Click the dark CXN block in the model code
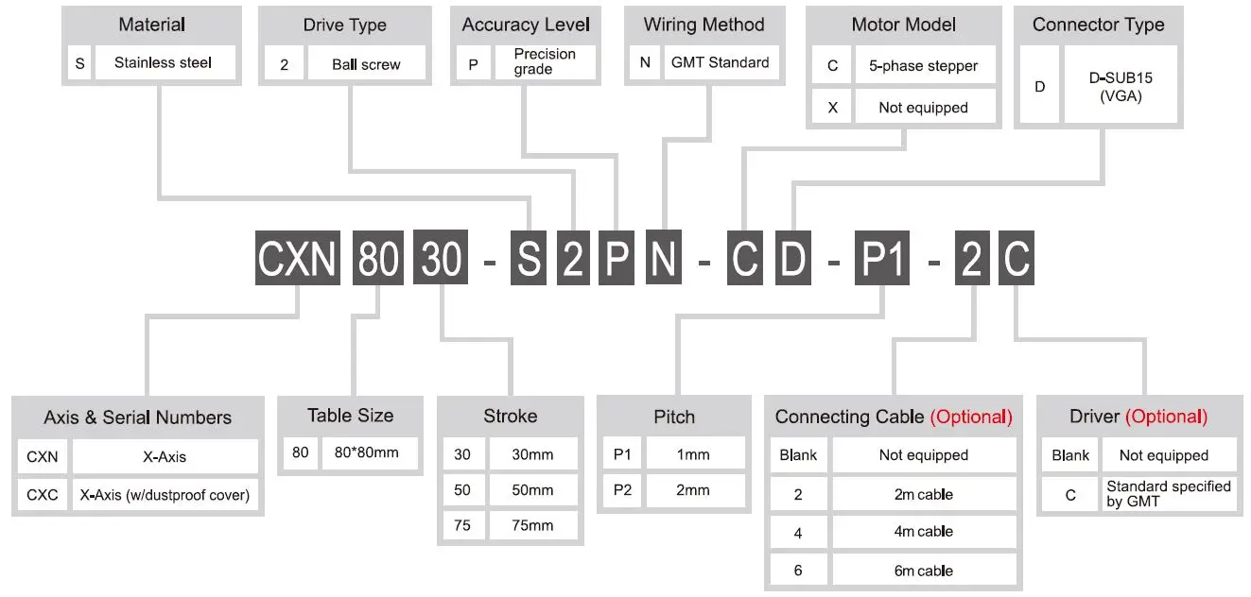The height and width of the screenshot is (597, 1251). (298, 257)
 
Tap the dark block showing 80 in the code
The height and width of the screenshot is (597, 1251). (378, 257)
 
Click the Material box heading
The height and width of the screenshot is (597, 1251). (151, 25)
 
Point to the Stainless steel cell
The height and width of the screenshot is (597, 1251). (163, 63)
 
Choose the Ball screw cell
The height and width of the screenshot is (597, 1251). (366, 64)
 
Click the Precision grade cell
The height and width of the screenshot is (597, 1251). (545, 61)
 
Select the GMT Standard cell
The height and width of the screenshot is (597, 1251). (720, 62)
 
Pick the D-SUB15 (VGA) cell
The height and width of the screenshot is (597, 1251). (1121, 87)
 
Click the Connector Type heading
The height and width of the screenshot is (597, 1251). (1098, 25)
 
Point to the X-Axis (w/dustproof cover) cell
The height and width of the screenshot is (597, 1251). (165, 494)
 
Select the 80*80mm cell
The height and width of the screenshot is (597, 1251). (367, 452)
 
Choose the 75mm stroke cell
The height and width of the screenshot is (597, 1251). (531, 525)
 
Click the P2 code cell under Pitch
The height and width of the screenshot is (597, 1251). (622, 489)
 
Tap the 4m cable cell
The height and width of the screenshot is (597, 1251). (923, 532)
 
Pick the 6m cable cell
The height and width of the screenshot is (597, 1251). (923, 571)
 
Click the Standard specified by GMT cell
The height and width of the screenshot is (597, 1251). (1168, 494)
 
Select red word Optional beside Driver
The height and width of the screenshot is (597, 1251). (1166, 417)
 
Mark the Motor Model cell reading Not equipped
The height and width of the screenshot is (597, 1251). (923, 108)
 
